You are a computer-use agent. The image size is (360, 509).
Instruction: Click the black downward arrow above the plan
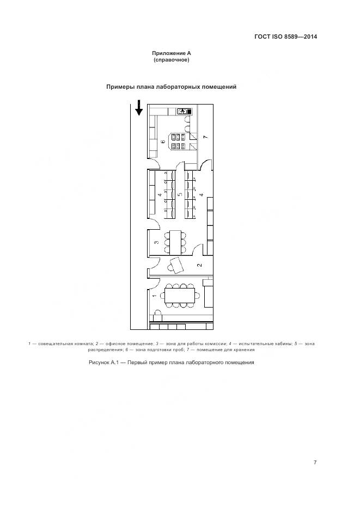click(x=139, y=108)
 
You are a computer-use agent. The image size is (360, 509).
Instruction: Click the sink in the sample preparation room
click(x=183, y=111)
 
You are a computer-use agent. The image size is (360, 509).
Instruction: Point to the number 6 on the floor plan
click(x=163, y=142)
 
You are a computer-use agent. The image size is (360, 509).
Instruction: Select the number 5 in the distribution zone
click(x=180, y=194)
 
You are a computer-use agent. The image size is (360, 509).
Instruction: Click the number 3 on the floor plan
click(x=156, y=242)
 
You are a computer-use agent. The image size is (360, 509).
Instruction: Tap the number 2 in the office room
click(x=199, y=265)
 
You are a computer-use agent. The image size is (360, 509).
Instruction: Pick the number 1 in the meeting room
click(x=154, y=296)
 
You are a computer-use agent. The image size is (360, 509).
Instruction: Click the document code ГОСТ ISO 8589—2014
click(x=285, y=37)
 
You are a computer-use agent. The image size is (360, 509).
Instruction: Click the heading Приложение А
click(x=171, y=53)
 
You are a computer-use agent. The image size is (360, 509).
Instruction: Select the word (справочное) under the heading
click(x=171, y=60)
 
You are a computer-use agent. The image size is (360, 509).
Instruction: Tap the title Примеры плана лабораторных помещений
click(x=171, y=87)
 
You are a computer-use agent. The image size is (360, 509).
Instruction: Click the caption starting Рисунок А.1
click(x=171, y=363)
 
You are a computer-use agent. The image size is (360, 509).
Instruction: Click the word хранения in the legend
click(x=243, y=349)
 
